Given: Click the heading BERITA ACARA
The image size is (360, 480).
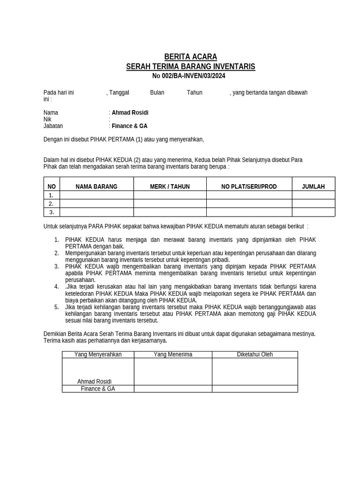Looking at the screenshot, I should click(x=190, y=57).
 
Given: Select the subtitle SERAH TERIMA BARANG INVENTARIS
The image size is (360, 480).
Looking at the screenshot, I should click(x=190, y=67).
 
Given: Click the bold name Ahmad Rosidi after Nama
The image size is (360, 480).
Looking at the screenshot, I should click(x=130, y=112).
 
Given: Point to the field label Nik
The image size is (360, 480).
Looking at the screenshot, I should click(x=47, y=120).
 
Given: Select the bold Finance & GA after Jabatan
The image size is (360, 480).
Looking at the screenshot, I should click(x=129, y=126).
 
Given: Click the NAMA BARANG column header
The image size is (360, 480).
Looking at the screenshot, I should click(x=97, y=187).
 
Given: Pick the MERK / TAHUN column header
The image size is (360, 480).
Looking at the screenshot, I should click(x=170, y=187).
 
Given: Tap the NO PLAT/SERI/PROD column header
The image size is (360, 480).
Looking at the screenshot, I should click(x=249, y=187).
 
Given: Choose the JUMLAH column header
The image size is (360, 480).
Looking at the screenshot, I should click(x=313, y=187).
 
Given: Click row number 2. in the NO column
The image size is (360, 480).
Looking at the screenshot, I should click(x=51, y=204).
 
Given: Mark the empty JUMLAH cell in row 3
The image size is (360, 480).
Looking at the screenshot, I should click(x=313, y=212).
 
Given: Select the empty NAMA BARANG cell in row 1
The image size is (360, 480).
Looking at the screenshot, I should click(x=97, y=195).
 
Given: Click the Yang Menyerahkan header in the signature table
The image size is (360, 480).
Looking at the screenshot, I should click(x=98, y=354).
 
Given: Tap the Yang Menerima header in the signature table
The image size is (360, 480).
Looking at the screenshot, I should click(x=173, y=354).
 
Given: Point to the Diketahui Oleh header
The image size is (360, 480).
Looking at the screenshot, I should click(x=255, y=354).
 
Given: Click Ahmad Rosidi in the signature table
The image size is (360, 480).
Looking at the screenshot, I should click(x=95, y=382).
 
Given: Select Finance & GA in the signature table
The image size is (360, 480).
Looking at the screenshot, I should click(x=98, y=389).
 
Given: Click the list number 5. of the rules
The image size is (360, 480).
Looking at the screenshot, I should click(x=56, y=307).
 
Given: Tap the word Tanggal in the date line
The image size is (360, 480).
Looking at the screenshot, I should click(x=119, y=92).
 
